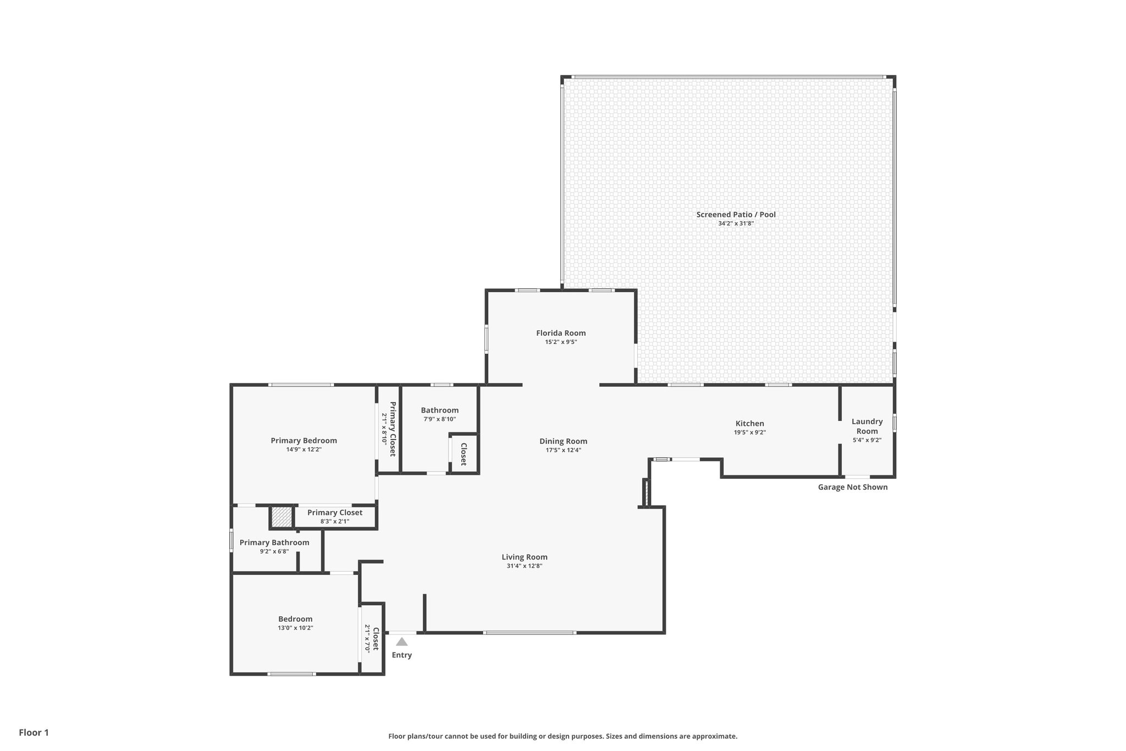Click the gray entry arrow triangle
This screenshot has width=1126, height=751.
[x=402, y=642]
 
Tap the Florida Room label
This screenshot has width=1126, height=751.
[x=561, y=333]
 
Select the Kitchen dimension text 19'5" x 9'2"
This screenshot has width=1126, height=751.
[x=749, y=432]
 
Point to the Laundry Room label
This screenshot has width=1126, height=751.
[x=867, y=426]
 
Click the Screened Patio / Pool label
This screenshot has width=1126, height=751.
[x=736, y=215]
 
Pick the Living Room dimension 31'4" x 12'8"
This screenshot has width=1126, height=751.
[x=525, y=566]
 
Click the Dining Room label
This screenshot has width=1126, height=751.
[x=563, y=441]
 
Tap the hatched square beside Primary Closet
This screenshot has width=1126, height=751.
[x=281, y=517]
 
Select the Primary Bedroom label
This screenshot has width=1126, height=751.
[x=303, y=441]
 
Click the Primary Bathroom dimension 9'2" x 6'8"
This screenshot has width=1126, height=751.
[x=274, y=551]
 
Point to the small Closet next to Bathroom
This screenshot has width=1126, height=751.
[x=463, y=454]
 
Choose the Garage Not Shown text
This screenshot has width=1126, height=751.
[x=852, y=487]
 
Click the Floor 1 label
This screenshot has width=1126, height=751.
[x=34, y=732]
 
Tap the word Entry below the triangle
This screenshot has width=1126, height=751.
[x=401, y=655]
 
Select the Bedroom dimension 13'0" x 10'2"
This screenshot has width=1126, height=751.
[x=295, y=628]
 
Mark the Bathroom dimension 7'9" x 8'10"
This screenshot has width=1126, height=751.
[x=439, y=419]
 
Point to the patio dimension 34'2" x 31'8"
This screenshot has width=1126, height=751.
[x=736, y=223]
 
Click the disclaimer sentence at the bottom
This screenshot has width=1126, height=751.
[x=562, y=736]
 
